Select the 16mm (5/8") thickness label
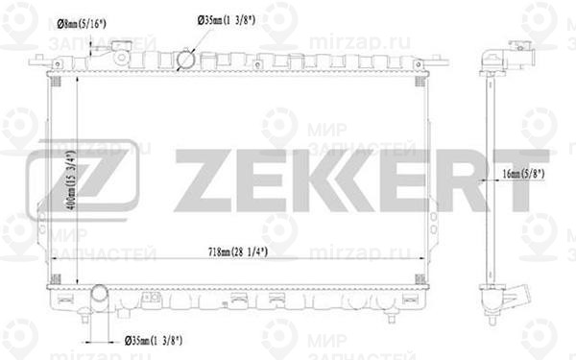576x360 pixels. tap(523, 175)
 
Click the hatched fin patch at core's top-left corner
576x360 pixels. tap(54, 80)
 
